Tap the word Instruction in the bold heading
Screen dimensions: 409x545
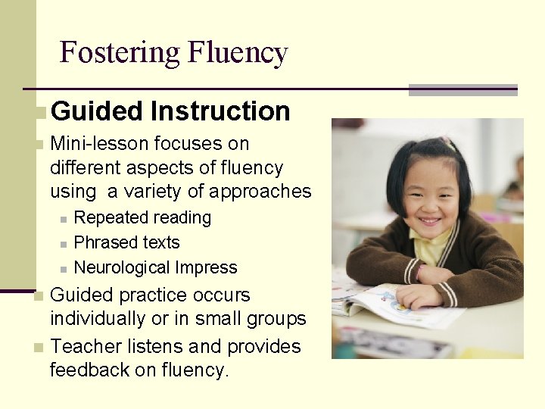(220, 111)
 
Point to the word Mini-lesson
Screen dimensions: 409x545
(100, 143)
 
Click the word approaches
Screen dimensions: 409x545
(261, 192)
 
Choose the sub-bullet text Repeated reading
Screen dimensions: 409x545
(142, 218)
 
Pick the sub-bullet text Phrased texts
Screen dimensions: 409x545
(126, 243)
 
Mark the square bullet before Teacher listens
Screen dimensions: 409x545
(39, 348)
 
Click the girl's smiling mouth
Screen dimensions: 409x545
(430, 221)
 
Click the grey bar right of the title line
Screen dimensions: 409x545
(462, 89)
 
